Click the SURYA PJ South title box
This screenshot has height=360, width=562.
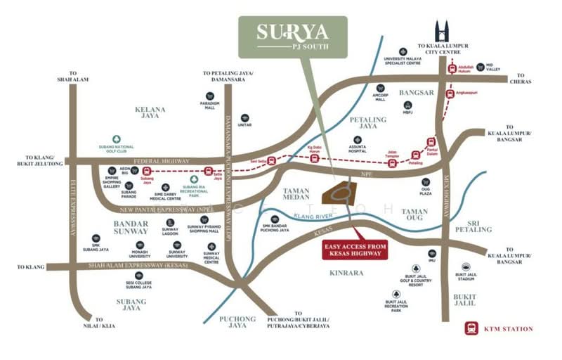[292, 37]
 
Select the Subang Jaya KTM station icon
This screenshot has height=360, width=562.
[147, 171]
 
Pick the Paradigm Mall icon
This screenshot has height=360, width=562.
[209, 96]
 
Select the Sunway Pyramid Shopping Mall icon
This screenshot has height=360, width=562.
[204, 220]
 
